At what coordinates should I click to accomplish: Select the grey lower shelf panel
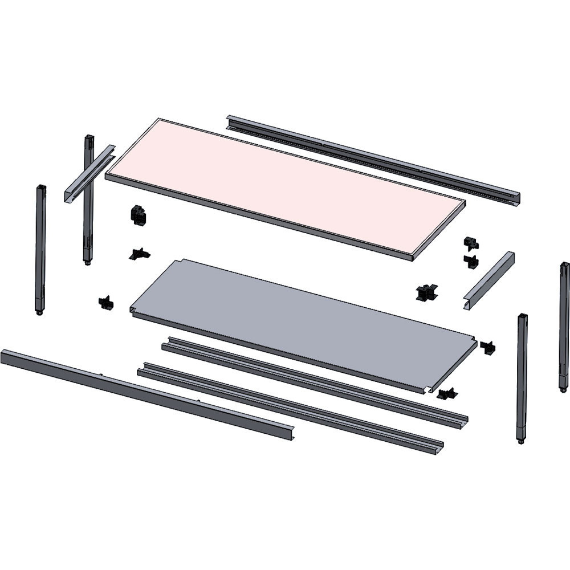[x=302, y=319]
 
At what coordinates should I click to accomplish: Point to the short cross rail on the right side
[x=488, y=280]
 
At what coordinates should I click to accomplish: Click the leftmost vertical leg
[x=40, y=248]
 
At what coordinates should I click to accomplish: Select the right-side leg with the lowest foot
[x=522, y=376]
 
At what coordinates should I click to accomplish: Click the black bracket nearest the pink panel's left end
[x=139, y=215]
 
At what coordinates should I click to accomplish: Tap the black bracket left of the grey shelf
[x=105, y=303]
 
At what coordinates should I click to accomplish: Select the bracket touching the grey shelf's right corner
[x=488, y=347]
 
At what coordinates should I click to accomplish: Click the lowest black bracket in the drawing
[x=447, y=393]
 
